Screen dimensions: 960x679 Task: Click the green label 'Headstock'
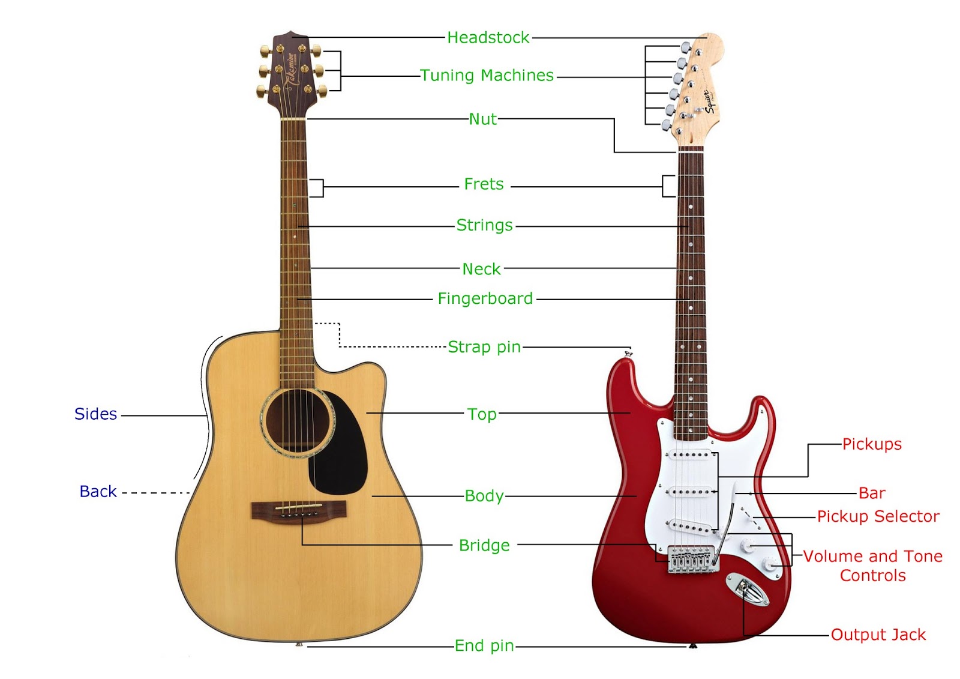[488, 38]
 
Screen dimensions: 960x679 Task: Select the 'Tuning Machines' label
[487, 76]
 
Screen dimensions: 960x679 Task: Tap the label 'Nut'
[483, 119]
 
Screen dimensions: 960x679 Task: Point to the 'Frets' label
[484, 184]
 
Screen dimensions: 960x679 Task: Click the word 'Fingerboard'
[485, 298]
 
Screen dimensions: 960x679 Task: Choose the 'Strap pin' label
[484, 347]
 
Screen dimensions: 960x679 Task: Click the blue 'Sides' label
[95, 414]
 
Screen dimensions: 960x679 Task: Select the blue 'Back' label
[98, 492]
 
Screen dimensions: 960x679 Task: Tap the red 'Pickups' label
[872, 444]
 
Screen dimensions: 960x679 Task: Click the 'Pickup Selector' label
[878, 516]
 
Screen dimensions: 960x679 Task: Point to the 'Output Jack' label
[878, 635]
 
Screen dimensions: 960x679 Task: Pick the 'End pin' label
[484, 646]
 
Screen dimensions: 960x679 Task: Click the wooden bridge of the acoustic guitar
[298, 510]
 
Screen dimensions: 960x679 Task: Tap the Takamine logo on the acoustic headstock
[290, 70]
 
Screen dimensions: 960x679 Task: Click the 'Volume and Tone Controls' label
[873, 566]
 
